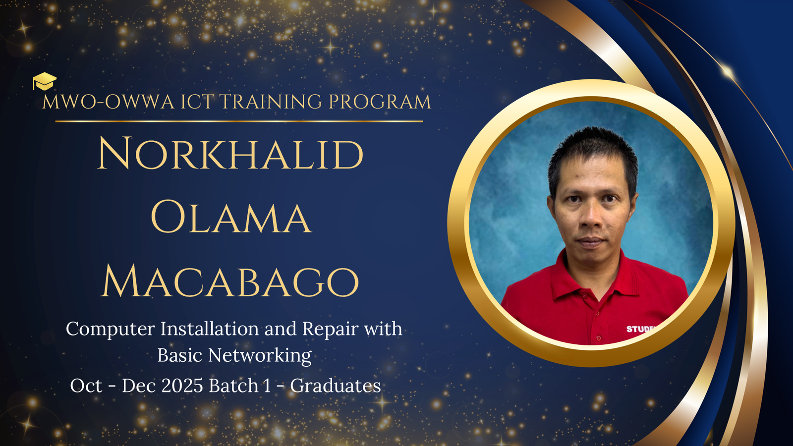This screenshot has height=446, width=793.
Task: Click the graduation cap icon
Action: pos(45,81)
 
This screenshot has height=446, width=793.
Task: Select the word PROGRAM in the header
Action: pos(380,102)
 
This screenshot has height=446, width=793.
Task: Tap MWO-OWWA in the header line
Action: pos(109,102)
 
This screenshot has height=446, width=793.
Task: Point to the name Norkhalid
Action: pos(230,154)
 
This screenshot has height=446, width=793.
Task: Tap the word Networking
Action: pos(260,355)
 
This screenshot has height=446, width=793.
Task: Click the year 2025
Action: pos(182,386)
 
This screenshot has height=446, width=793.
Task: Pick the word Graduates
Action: pos(336,386)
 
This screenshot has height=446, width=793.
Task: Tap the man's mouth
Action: pos(590,242)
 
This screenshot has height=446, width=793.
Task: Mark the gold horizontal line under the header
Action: pos(239,121)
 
